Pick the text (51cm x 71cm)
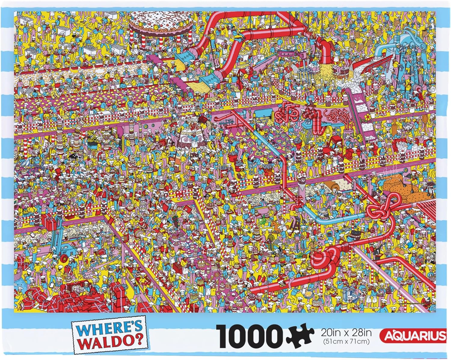[343, 341]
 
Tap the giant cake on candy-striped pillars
[161, 24]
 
